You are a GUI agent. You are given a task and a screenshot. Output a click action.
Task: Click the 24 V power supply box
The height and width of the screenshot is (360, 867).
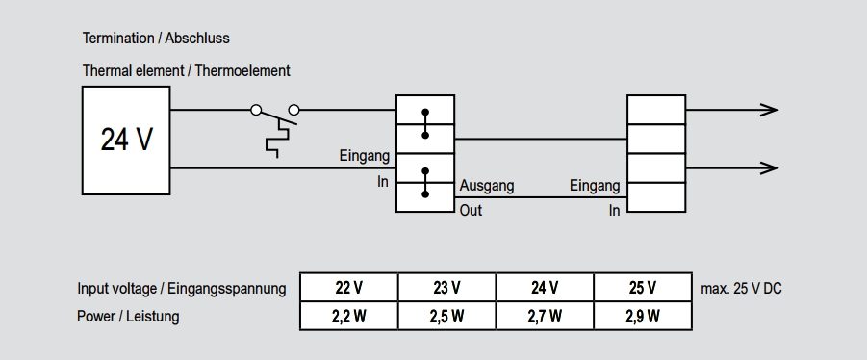pyautogui.click(x=126, y=140)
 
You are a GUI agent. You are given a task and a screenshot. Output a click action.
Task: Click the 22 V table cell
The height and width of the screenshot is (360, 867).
pyautogui.click(x=348, y=288)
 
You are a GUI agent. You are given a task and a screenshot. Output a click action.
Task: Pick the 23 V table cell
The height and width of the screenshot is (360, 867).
pyautogui.click(x=446, y=288)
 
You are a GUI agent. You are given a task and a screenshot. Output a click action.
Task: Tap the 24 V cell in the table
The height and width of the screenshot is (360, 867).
pyautogui.click(x=545, y=288)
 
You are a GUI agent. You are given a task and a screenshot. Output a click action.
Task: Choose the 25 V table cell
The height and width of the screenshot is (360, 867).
pyautogui.click(x=642, y=288)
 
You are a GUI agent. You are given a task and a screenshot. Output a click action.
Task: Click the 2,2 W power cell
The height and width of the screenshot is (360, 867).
pyautogui.click(x=348, y=316)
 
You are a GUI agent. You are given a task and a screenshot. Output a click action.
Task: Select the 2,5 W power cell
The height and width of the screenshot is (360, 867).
pyautogui.click(x=446, y=316)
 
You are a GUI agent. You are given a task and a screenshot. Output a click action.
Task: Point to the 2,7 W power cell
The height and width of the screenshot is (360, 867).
pyautogui.click(x=545, y=316)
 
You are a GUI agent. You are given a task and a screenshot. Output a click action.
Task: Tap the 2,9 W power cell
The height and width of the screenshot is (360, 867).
pyautogui.click(x=642, y=316)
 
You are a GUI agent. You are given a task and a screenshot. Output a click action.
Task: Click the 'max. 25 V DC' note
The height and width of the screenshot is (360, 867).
pyautogui.click(x=741, y=288)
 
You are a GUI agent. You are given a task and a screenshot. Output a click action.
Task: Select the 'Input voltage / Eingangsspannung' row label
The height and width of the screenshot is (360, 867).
pyautogui.click(x=181, y=289)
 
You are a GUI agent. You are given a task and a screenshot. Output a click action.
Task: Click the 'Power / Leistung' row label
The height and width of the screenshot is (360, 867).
pyautogui.click(x=128, y=316)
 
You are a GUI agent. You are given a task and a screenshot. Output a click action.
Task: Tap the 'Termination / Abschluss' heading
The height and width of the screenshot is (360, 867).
pyautogui.click(x=156, y=39)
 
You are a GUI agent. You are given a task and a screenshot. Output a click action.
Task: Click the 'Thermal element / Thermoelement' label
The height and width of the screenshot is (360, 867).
pyautogui.click(x=186, y=70)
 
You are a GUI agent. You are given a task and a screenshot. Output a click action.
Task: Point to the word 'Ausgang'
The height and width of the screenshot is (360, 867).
pyautogui.click(x=486, y=186)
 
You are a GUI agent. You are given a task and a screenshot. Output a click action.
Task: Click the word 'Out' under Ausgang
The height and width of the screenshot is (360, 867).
pyautogui.click(x=471, y=210)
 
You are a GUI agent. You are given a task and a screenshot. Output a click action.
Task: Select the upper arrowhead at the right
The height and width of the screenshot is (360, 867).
pyautogui.click(x=768, y=110)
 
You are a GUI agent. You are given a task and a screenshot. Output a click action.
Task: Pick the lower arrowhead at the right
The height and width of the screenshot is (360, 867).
pyautogui.click(x=768, y=167)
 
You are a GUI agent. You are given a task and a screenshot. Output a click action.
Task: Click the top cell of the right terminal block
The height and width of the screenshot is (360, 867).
pyautogui.click(x=656, y=110)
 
